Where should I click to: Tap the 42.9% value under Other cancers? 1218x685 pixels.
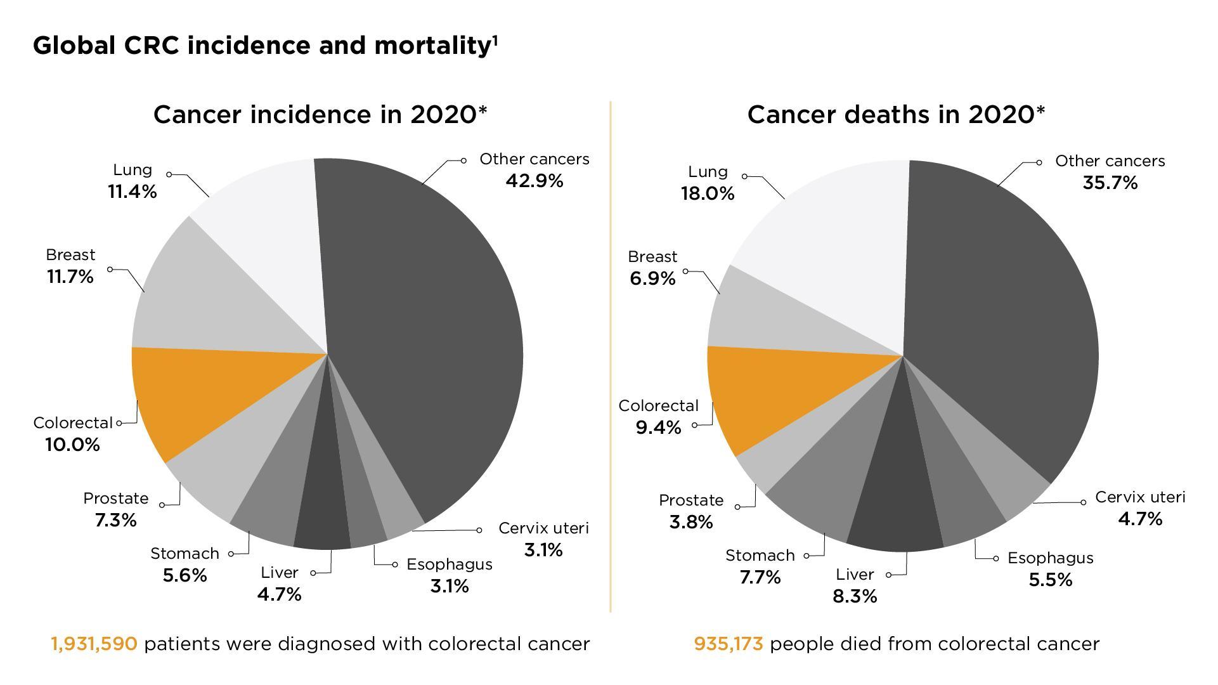click(534, 181)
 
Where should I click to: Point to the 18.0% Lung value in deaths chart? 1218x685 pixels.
click(708, 193)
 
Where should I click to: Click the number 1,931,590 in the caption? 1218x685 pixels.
click(94, 644)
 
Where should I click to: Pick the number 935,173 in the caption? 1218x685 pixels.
click(728, 644)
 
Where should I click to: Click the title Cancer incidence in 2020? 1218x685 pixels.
click(320, 115)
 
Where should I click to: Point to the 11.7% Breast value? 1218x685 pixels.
click(70, 277)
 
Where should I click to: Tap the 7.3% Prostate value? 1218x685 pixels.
click(115, 520)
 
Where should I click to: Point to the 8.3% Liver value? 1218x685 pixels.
click(855, 596)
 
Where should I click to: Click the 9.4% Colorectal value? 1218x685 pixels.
click(658, 427)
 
